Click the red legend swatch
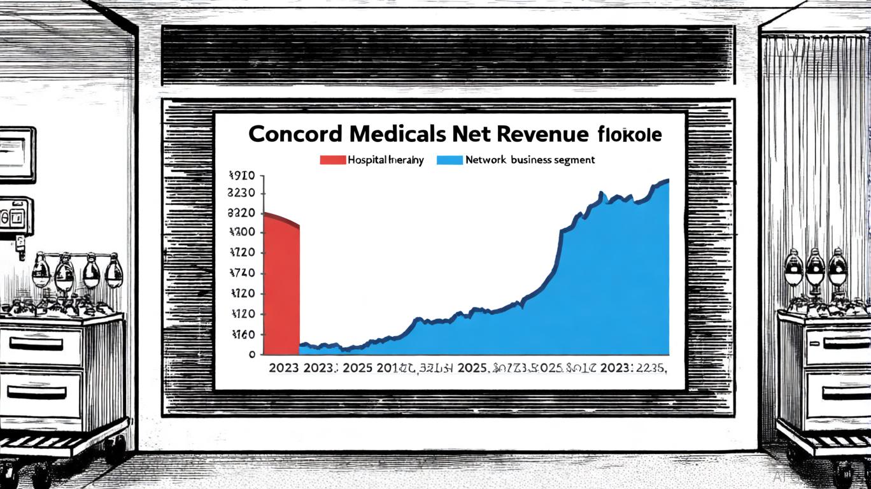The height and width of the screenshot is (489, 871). pyautogui.click(x=332, y=160)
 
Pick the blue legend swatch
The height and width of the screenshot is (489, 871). pyautogui.click(x=450, y=160)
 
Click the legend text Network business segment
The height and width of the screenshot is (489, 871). pyautogui.click(x=530, y=160)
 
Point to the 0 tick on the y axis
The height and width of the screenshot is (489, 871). pyautogui.click(x=251, y=354)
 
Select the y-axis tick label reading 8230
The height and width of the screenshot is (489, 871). pyautogui.click(x=241, y=194)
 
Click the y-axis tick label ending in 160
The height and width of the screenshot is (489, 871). pyautogui.click(x=243, y=334)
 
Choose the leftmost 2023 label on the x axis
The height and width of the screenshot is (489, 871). pyautogui.click(x=284, y=368)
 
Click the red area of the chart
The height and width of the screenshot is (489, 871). pyautogui.click(x=281, y=287)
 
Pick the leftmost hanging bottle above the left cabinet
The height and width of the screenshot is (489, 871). pyautogui.click(x=40, y=271)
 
